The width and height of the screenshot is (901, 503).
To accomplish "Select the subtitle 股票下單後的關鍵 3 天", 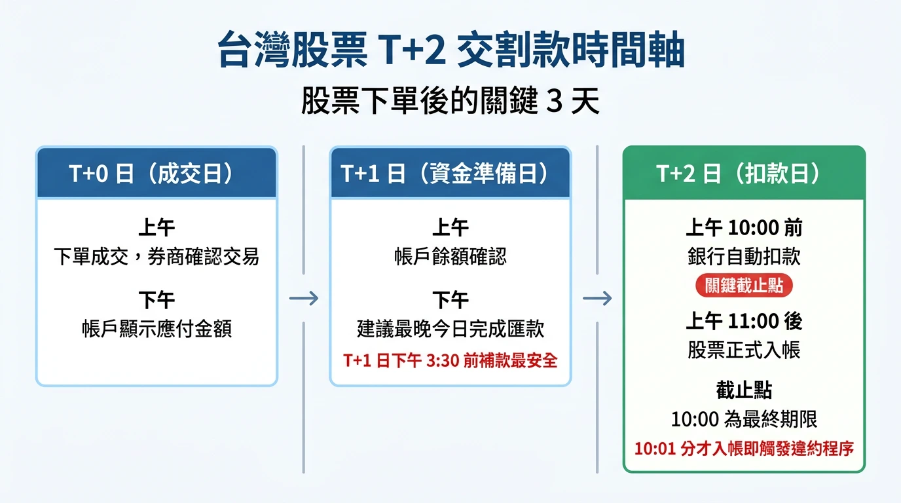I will [450, 103].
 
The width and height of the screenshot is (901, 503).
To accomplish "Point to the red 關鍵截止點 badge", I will [744, 286].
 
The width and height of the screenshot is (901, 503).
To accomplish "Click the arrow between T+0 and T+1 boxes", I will [304, 299].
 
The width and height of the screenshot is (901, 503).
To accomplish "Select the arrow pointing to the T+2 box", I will [597, 299].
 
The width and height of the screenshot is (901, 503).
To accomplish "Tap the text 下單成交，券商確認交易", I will [156, 257].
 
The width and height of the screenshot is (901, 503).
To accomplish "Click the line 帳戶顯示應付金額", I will [156, 328].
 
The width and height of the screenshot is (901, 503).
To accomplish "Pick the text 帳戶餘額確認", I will [450, 257].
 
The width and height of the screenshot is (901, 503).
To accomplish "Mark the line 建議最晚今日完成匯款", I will [450, 328].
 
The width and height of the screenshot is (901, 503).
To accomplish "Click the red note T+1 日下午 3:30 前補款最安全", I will [450, 361].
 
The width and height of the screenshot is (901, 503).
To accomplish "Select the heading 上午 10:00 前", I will [744, 228].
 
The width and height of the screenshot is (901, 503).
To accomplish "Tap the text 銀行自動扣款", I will [744, 257].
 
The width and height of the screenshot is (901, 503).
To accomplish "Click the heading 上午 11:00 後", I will [744, 321].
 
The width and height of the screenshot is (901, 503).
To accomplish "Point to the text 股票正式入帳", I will [744, 350].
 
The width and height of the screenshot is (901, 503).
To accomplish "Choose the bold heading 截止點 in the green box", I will [744, 390].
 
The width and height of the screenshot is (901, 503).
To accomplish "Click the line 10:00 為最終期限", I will [744, 419].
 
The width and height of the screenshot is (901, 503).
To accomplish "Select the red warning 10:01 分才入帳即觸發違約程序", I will [744, 449].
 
